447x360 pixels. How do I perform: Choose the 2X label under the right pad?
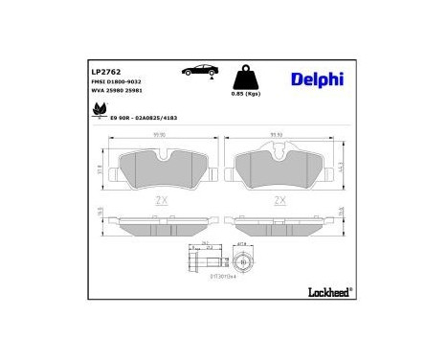coord(279,200)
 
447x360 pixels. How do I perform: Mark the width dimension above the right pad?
coord(279,135)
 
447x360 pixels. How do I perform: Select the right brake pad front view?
coord(279,168)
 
